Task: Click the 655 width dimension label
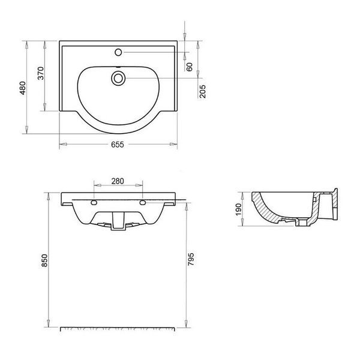tap(118, 145)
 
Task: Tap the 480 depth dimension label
tap(23, 88)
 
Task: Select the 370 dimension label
tap(40, 73)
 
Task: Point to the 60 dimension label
tap(190, 67)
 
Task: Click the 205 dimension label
tap(203, 91)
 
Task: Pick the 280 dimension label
tap(118, 181)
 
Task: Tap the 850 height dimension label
tap(44, 260)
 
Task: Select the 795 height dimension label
tap(191, 259)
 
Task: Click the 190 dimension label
tap(239, 209)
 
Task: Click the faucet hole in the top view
tap(118, 52)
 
